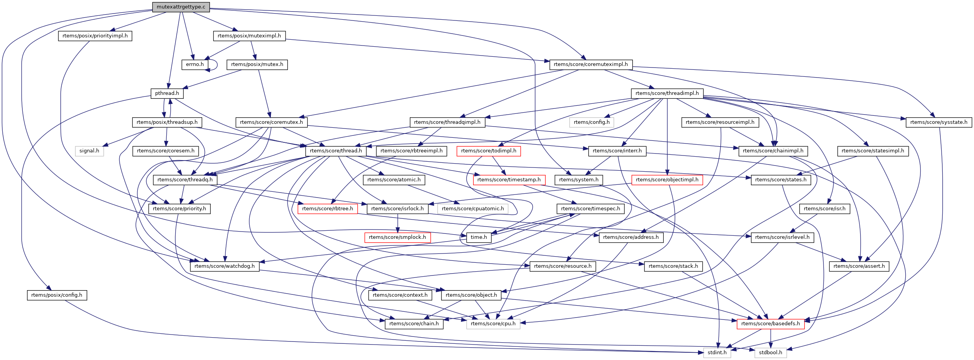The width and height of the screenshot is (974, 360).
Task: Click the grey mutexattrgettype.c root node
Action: pos(181,7)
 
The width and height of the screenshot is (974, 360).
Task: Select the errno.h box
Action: pos(194,64)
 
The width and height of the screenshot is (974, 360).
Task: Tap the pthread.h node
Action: pos(167,93)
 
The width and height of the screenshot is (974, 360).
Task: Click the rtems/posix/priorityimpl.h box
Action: pos(95,36)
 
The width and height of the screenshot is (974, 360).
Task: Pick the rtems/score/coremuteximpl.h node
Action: pos(590,64)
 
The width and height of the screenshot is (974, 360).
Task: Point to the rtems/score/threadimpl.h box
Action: pos(667,93)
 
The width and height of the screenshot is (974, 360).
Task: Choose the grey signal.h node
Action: pos(89,151)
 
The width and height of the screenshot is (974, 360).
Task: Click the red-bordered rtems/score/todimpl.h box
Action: pos(488,151)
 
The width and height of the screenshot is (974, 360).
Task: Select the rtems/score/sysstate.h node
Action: pos(938,122)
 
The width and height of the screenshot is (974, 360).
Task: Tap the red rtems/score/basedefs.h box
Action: pos(770,324)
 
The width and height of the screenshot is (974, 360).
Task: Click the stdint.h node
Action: pos(717,353)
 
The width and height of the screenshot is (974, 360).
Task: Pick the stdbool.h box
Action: pos(770,353)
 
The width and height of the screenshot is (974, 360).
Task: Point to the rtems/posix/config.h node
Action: pos(57,295)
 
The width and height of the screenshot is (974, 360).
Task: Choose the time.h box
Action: pos(479,237)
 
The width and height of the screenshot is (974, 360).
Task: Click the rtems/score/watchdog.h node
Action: pos(225,266)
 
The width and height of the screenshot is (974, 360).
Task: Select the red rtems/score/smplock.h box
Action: pos(397,237)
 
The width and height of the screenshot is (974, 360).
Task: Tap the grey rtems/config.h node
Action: pos(592,122)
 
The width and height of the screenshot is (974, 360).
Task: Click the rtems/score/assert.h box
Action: pos(859,266)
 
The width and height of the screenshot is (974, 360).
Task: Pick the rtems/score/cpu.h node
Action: pos(493,324)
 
